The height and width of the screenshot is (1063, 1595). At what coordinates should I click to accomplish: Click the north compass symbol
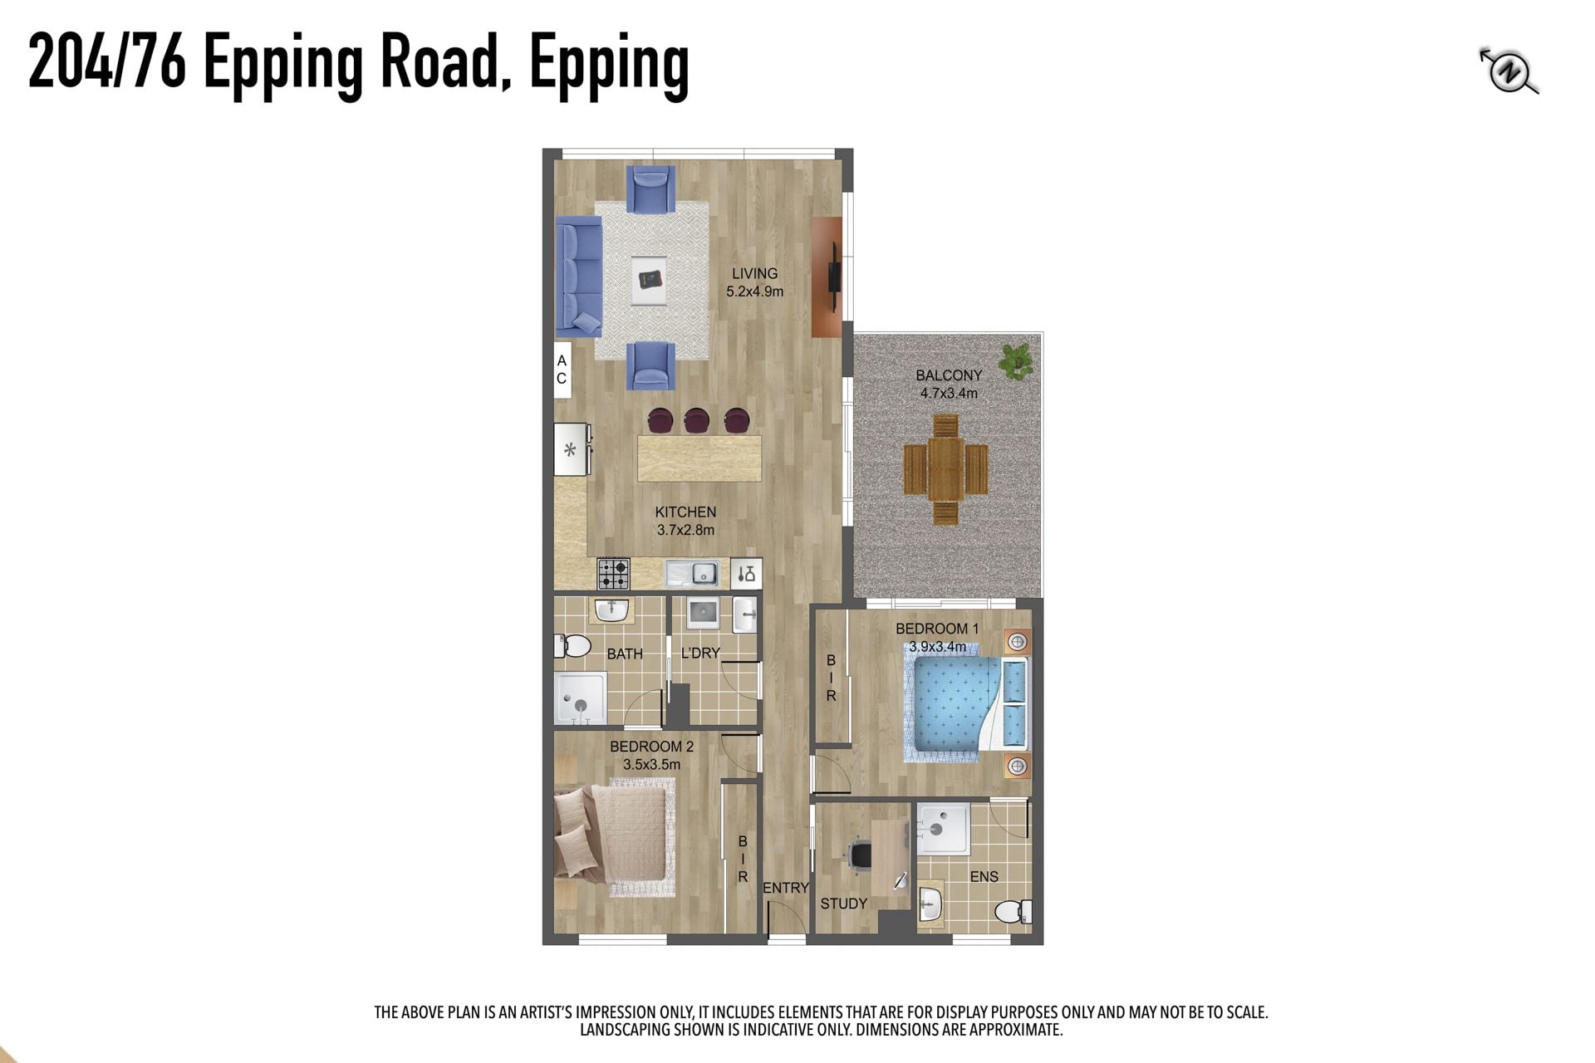[1509, 72]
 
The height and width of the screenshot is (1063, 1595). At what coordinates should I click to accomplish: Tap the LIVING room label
[754, 273]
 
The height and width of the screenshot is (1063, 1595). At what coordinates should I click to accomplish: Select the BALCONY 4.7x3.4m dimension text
[949, 394]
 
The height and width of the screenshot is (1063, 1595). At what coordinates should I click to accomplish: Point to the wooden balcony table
[945, 469]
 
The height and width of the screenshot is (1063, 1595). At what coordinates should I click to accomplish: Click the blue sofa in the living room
[578, 276]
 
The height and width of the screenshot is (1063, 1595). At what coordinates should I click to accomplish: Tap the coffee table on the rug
[648, 280]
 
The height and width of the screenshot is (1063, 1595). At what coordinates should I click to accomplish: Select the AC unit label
[562, 370]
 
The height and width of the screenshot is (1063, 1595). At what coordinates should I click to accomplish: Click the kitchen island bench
[699, 458]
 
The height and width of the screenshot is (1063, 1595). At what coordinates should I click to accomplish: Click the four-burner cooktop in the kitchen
[613, 573]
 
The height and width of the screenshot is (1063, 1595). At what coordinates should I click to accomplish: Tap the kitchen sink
[692, 573]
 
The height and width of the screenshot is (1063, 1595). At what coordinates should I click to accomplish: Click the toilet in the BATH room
[572, 645]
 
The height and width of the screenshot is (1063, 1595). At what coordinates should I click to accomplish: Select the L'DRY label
[700, 654]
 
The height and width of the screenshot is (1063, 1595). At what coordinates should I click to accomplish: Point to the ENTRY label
[785, 888]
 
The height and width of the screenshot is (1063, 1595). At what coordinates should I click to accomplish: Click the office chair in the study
[859, 855]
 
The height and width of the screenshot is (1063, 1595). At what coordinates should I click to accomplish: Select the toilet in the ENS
[1013, 911]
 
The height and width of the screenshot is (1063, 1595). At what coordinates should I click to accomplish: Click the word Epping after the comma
[609, 65]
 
